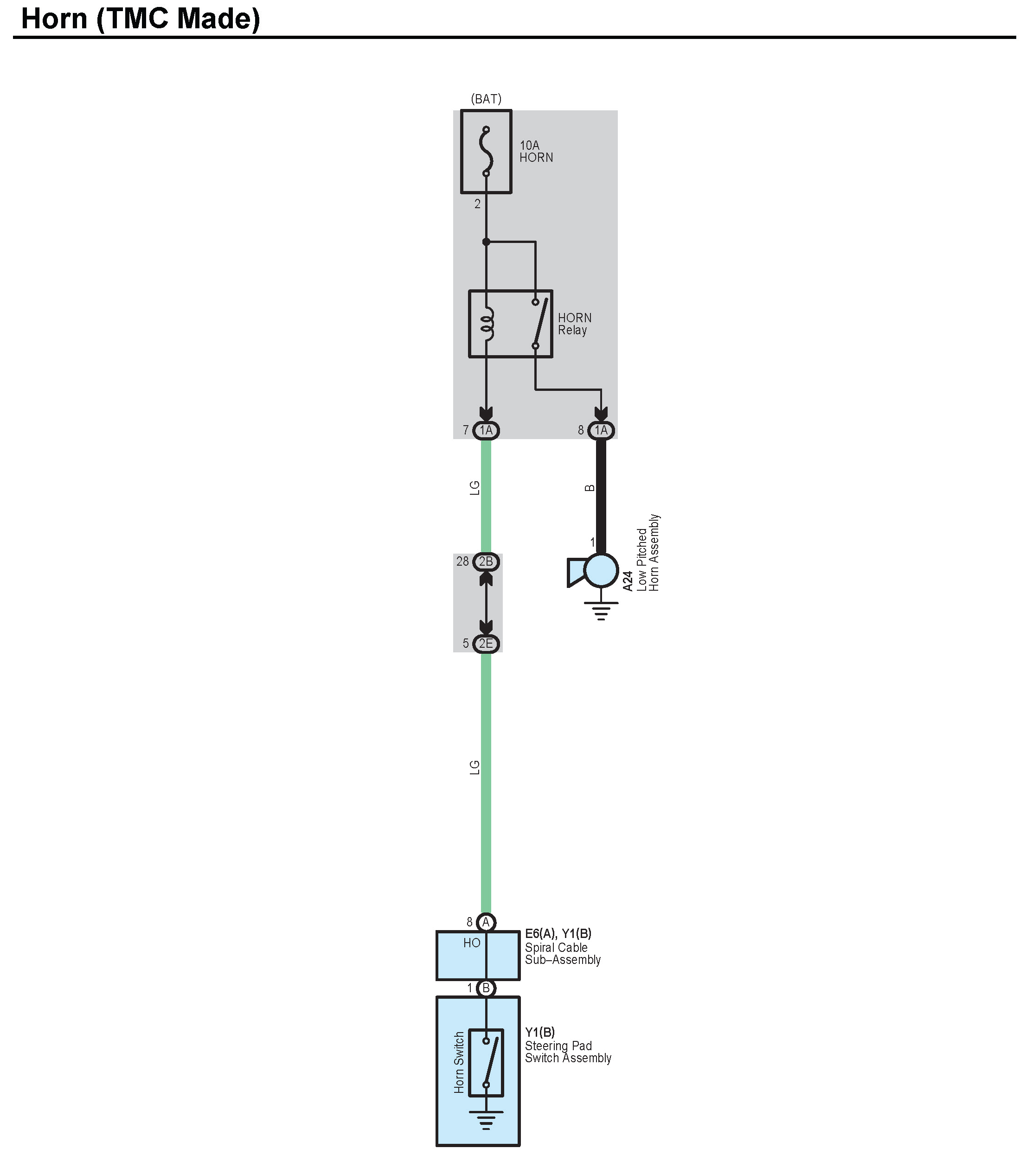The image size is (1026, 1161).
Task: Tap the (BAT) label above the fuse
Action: (486, 99)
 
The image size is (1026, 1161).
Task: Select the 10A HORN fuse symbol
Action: (486, 152)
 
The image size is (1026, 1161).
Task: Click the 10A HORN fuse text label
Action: (536, 152)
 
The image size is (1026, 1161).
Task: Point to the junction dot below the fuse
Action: (486, 242)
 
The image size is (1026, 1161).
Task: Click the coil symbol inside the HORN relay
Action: (487, 325)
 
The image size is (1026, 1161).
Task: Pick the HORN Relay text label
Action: (574, 324)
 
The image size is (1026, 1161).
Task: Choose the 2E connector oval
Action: (486, 644)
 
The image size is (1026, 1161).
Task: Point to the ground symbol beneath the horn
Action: (601, 612)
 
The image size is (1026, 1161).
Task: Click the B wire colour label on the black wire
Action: (590, 488)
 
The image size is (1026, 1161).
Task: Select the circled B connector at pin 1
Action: (486, 989)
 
